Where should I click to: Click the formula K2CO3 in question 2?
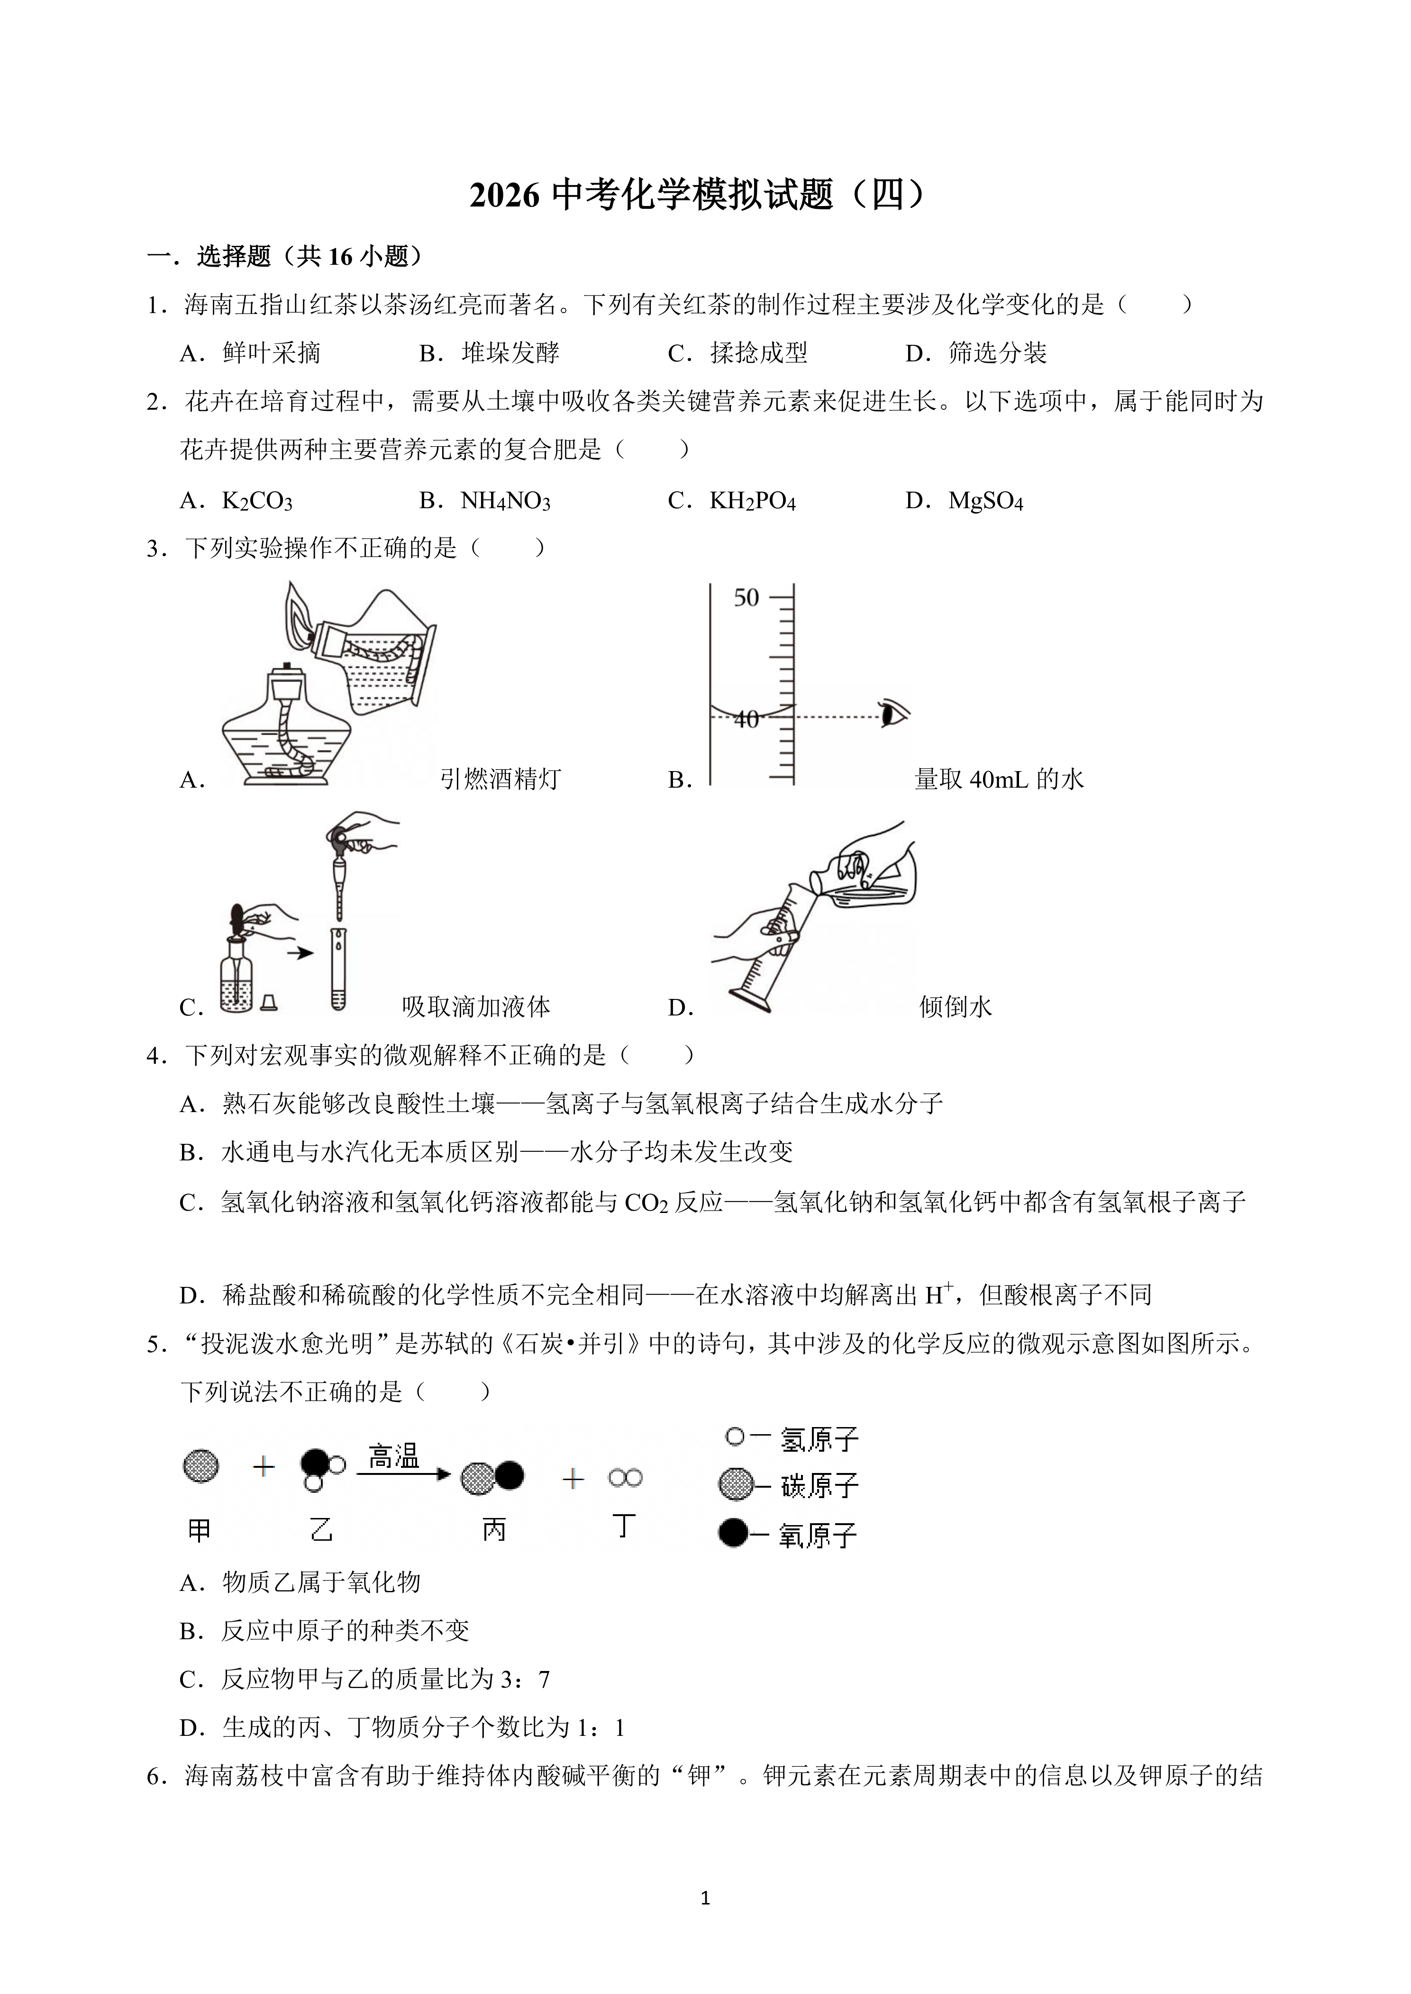point(257,501)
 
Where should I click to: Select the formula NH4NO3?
point(505,501)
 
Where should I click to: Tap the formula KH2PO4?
point(752,501)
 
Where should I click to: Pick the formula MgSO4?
point(985,501)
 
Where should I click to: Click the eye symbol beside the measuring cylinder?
point(893,714)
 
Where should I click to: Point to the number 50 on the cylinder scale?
point(746,598)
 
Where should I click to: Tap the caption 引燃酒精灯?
point(501,779)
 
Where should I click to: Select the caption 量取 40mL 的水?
point(999,779)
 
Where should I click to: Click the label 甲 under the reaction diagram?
point(199,1530)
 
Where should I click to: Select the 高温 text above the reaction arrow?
point(393,1455)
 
